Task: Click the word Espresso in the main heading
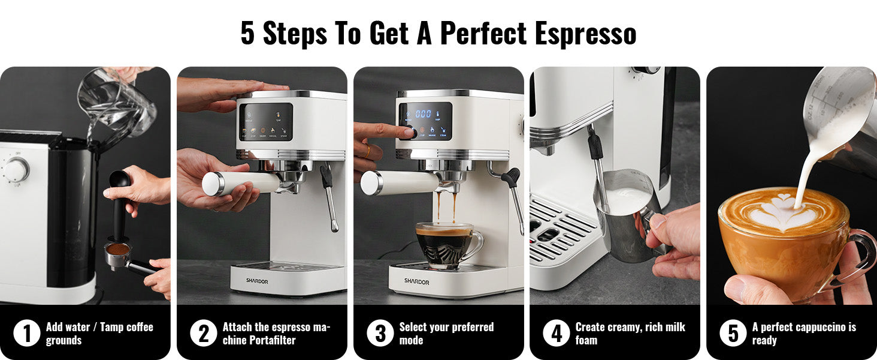pyautogui.click(x=585, y=34)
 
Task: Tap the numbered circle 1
pyautogui.click(x=26, y=334)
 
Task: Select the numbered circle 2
pyautogui.click(x=204, y=334)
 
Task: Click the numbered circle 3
pyautogui.click(x=380, y=334)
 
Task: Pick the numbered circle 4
pyautogui.click(x=557, y=334)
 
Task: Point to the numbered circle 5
pyautogui.click(x=733, y=334)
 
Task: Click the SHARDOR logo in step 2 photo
pyautogui.click(x=257, y=281)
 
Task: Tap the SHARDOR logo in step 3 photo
pyautogui.click(x=416, y=281)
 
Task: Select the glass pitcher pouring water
pyautogui.click(x=117, y=101)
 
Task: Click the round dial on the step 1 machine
pyautogui.click(x=16, y=169)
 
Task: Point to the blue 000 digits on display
pyautogui.click(x=423, y=114)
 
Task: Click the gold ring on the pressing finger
pyautogui.click(x=367, y=151)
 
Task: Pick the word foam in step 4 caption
pyautogui.click(x=586, y=340)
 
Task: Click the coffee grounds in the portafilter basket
pyautogui.click(x=118, y=249)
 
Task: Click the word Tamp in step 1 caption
pyautogui.click(x=111, y=327)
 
